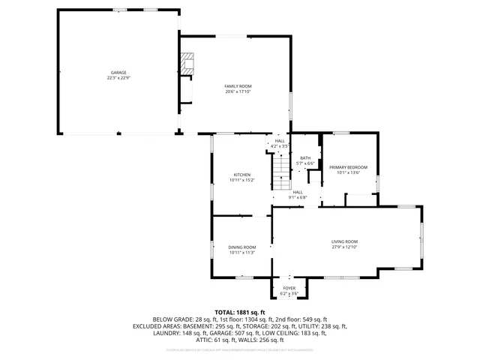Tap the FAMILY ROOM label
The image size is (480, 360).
pyautogui.click(x=238, y=86)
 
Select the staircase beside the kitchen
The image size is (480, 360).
pyautogui.click(x=280, y=169)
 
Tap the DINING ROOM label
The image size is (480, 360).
pyautogui.click(x=242, y=247)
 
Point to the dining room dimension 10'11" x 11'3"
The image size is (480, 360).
pyautogui.click(x=242, y=252)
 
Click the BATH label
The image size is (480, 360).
pyautogui.click(x=305, y=157)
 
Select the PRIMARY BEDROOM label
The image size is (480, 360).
pyautogui.click(x=348, y=166)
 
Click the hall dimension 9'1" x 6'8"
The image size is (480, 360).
pyautogui.click(x=297, y=197)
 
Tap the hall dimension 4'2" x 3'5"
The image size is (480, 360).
pyautogui.click(x=279, y=145)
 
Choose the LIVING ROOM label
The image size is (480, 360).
pyautogui.click(x=345, y=241)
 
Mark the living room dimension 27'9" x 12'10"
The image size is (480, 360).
pyautogui.click(x=345, y=246)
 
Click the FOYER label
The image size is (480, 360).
pyautogui.click(x=289, y=288)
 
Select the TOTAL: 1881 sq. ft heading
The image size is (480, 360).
pyautogui.click(x=240, y=312)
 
